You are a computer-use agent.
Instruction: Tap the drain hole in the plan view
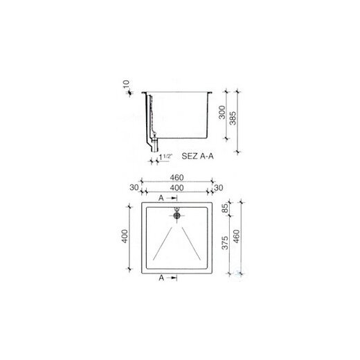pyautogui.click(x=177, y=215)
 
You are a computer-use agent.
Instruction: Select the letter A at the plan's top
pyautogui.click(x=161, y=197)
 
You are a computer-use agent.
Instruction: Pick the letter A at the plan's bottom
pyautogui.click(x=161, y=278)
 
